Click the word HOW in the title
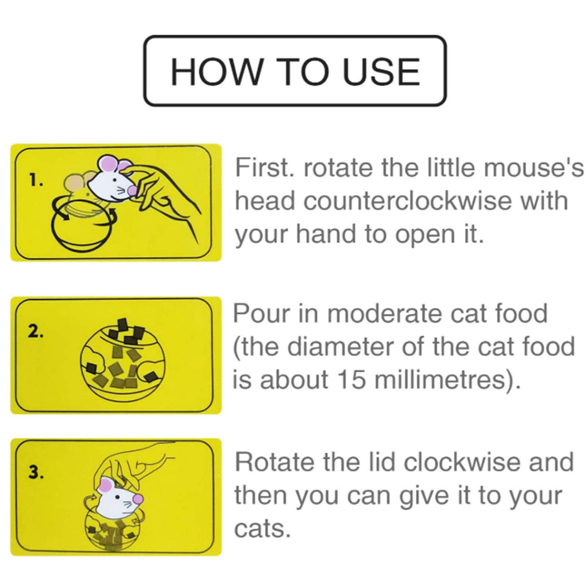coord(211,72)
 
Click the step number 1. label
coord(36,181)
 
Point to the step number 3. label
coord(36,474)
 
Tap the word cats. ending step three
coord(263,529)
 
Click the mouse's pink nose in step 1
coord(132,189)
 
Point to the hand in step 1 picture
coord(171,194)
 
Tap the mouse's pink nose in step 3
coord(138,498)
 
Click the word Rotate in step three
coord(275,462)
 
